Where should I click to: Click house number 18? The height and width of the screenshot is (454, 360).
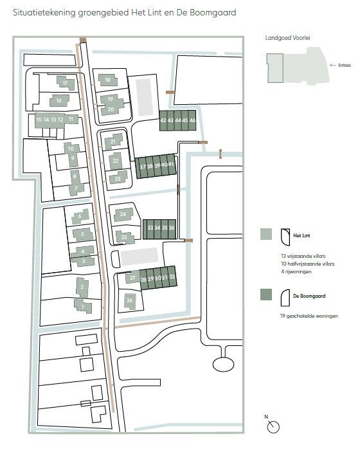pos(107,80)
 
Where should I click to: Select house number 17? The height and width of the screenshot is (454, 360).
pos(66,83)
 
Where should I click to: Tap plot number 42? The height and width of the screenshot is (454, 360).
pos(163,120)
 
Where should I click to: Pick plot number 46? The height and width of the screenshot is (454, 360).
pos(192,120)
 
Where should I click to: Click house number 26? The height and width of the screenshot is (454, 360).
pos(130,300)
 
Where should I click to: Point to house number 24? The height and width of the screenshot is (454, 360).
pos(123,214)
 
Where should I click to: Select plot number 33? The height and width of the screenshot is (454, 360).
pos(150,228)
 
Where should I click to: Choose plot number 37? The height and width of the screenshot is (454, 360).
pos(143,167)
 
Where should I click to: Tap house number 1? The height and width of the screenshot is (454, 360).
pos(83,306)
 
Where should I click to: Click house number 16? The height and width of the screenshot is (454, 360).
pos(59,100)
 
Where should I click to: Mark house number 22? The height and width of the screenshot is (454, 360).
pos(116,161)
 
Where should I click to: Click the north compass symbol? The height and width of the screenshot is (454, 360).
pos(273,426)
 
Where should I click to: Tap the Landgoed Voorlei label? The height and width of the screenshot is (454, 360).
pos(287,38)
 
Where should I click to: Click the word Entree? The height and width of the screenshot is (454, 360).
pos(345,66)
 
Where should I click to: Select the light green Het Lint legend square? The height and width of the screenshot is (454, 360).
pos(266,234)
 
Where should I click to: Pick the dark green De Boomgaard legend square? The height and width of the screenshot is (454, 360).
pos(266,295)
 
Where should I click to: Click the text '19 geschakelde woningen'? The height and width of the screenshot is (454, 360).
pos(309,316)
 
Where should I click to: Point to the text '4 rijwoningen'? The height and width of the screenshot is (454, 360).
pos(296,271)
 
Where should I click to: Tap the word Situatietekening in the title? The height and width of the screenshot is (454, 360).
pos(44,13)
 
